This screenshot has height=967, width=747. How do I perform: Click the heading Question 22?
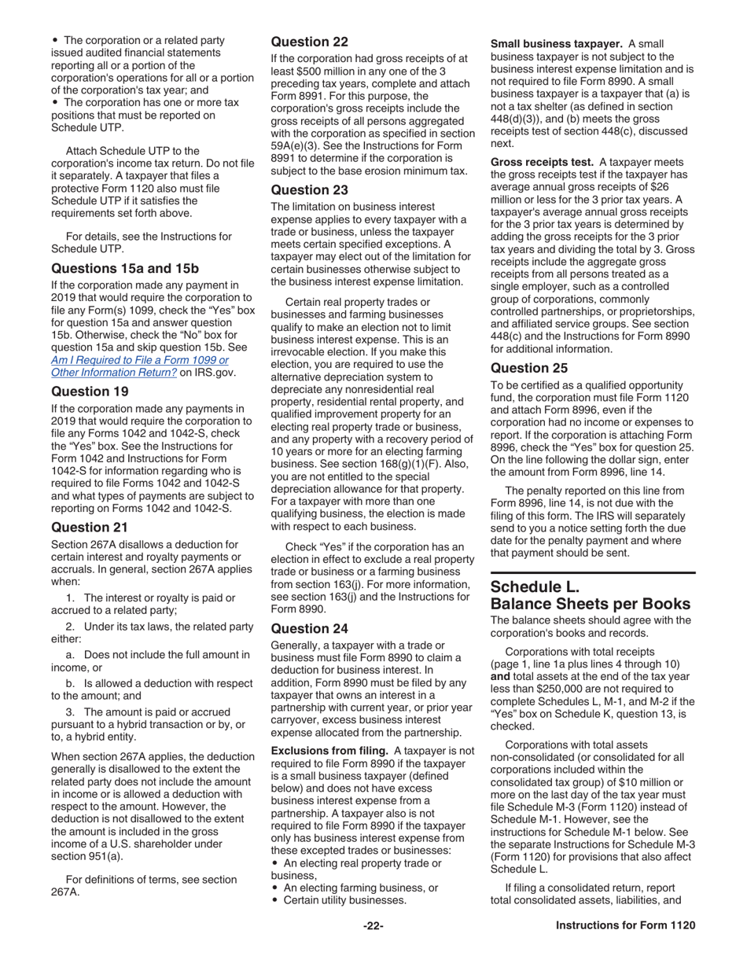pos(309,42)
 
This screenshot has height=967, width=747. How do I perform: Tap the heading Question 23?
pos(309,189)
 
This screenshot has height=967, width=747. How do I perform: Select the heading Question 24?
pos(309,628)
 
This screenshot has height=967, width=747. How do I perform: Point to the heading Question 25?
pos(529,368)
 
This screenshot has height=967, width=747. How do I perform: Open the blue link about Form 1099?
pos(139,366)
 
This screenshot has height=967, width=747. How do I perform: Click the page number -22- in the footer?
pos(373,925)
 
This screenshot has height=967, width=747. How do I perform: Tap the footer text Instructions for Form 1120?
pos(625,925)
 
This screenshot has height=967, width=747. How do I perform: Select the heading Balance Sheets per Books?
pos(591,604)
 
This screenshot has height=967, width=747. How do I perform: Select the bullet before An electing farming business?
pos(275,888)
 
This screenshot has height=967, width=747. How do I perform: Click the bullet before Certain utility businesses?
pos(275,901)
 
